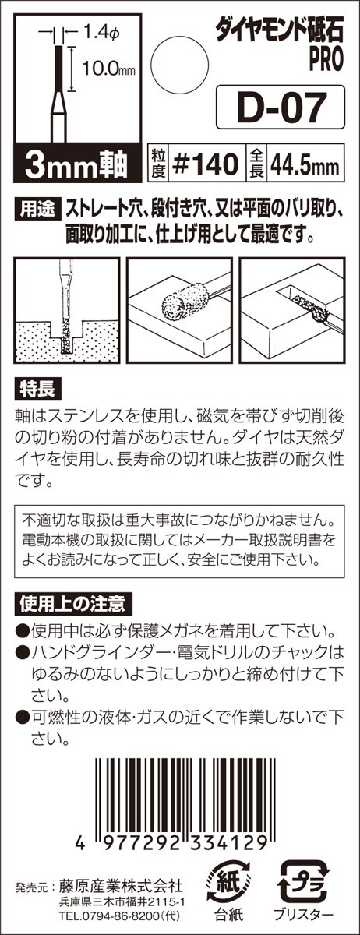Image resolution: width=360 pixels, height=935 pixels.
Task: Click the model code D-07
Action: click(x=281, y=107)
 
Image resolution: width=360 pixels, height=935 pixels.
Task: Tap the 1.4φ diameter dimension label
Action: click(x=102, y=33)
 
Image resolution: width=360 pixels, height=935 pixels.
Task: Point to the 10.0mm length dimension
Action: click(x=108, y=69)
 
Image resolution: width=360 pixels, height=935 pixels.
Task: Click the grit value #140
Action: click(x=206, y=164)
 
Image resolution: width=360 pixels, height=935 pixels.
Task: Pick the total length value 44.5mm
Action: click(x=305, y=166)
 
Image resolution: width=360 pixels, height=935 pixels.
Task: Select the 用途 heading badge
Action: click(x=37, y=209)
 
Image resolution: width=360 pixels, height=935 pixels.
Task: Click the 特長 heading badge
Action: click(x=37, y=390)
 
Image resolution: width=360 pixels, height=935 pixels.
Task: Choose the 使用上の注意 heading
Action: click(x=73, y=603)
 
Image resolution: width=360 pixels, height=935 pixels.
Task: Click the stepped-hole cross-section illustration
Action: click(x=67, y=310)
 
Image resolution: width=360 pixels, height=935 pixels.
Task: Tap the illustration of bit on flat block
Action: click(x=179, y=310)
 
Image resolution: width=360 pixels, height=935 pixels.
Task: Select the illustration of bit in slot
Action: click(x=292, y=310)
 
